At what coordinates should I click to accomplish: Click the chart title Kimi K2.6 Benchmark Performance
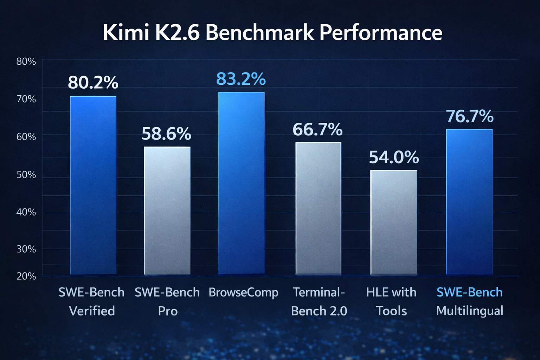272,33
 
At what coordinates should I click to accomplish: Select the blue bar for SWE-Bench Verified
93,185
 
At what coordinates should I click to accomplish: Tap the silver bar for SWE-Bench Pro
167,211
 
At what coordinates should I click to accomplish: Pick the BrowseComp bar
241,183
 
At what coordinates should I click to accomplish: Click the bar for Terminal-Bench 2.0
318,208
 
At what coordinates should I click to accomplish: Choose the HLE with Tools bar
394,223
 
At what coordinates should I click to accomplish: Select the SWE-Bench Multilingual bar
469,202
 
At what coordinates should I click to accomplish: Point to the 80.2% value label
93,83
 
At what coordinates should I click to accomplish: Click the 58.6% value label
166,134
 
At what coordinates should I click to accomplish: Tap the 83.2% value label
241,79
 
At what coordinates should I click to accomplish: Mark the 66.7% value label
317,130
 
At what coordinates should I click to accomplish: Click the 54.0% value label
394,157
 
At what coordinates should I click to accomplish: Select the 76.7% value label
470,116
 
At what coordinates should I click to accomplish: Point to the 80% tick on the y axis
26,62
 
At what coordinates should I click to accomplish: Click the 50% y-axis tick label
26,175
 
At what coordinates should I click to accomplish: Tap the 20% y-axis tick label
26,276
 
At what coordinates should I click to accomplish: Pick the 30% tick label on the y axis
26,249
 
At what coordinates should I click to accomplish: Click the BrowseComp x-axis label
243,293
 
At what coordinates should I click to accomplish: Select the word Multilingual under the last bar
470,311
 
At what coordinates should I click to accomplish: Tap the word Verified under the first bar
92,311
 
